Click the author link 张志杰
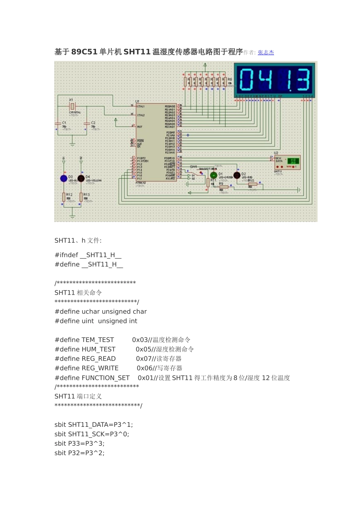click(x=266, y=53)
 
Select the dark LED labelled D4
click(x=81, y=178)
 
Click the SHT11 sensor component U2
click(x=287, y=162)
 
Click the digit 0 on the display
click(x=246, y=80)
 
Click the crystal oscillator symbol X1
click(x=72, y=106)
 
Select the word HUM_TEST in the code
click(x=99, y=350)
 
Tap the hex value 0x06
click(x=144, y=368)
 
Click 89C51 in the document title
click(x=84, y=52)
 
